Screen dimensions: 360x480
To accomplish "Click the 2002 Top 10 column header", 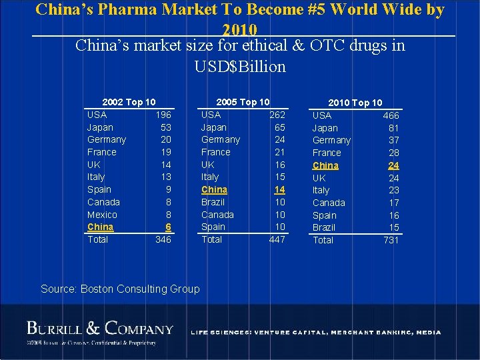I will click(x=129, y=102).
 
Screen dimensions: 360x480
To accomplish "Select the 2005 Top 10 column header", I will click(x=243, y=102).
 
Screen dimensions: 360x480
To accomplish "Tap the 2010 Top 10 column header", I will click(x=355, y=103).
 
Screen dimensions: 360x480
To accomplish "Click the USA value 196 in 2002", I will click(x=163, y=115).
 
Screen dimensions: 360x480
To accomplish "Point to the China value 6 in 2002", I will click(x=168, y=227).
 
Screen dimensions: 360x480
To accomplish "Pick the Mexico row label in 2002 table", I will click(x=102, y=215).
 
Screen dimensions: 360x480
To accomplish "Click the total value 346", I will click(x=163, y=239).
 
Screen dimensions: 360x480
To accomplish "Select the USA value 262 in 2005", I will click(x=277, y=115).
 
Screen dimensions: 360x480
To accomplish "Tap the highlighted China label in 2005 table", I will click(x=214, y=189).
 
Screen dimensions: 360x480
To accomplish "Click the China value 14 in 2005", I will click(x=279, y=189).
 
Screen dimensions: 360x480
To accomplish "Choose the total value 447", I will click(x=277, y=239).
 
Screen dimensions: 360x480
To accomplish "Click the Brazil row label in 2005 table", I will click(x=213, y=202).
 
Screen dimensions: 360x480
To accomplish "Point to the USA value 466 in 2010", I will click(x=391, y=115).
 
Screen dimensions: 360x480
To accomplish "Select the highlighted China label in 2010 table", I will click(x=325, y=165).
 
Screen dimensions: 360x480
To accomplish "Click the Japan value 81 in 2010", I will click(x=393, y=128).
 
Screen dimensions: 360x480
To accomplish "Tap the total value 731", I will click(x=391, y=240).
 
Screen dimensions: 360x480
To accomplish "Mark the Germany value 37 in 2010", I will click(x=393, y=140).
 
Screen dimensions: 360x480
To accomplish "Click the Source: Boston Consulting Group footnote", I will click(x=120, y=289).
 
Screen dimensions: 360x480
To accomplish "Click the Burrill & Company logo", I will click(x=100, y=329).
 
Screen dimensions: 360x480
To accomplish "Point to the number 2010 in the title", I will click(x=240, y=29).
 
